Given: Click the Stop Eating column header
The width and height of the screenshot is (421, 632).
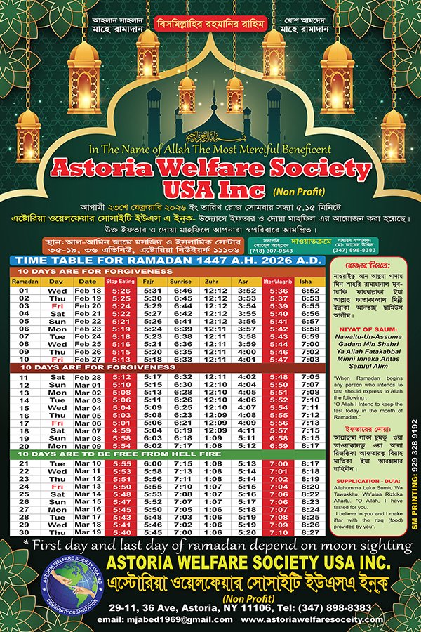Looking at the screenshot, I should click(x=120, y=280).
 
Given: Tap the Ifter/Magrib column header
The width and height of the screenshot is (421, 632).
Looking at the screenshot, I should click(x=281, y=280).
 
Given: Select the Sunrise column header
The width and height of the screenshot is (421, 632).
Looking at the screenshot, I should click(x=183, y=280).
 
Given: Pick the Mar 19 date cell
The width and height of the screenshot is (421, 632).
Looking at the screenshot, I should click(x=88, y=533).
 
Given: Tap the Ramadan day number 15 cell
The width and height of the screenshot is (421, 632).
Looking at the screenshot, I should click(x=23, y=407).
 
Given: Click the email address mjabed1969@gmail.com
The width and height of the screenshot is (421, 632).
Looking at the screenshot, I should click(x=145, y=619).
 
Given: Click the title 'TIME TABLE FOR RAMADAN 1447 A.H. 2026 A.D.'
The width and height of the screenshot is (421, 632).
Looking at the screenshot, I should click(x=163, y=261).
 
